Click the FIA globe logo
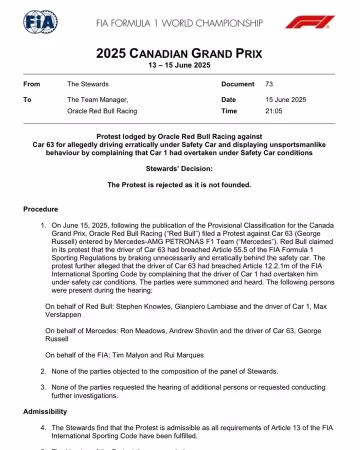point(40,22)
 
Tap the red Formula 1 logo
point(309,22)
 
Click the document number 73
point(269,84)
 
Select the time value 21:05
point(274,111)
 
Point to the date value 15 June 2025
point(286,99)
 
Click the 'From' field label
point(31,84)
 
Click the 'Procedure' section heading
point(40,209)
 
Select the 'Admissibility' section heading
point(45,411)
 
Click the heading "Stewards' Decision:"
point(179,169)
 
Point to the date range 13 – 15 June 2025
point(179,65)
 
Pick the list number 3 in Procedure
point(43,387)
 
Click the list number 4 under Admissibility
point(43,427)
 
